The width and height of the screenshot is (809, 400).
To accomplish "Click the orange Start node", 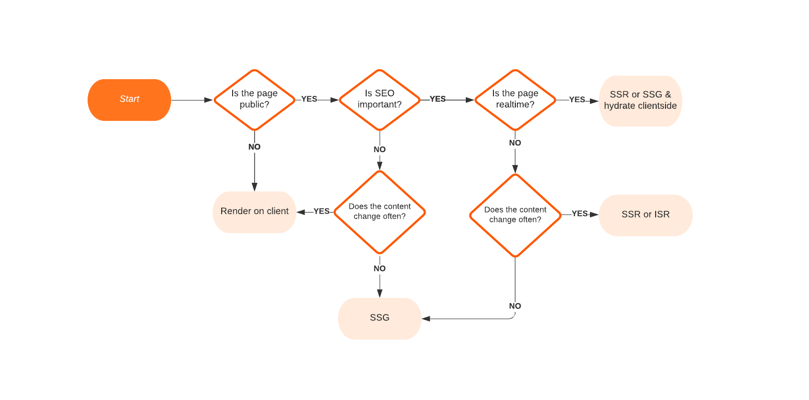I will (x=129, y=99).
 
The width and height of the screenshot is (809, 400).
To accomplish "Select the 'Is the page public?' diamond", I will (x=255, y=99).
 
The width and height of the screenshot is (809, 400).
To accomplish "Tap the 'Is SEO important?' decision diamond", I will (x=380, y=99).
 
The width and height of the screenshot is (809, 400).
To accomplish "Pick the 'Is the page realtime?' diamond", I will (x=515, y=99).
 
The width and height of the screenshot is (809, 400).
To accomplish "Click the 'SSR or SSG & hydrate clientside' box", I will (x=640, y=101).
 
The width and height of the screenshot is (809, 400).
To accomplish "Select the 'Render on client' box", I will (x=255, y=211).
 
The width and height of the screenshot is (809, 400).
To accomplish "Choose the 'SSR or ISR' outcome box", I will (x=645, y=215).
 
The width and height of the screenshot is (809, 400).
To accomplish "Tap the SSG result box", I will (x=380, y=318).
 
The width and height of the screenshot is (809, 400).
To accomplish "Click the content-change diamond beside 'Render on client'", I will (x=380, y=212).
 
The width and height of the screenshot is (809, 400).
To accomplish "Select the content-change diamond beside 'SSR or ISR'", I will (x=515, y=215).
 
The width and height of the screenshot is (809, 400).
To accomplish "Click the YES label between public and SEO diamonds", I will (x=309, y=99).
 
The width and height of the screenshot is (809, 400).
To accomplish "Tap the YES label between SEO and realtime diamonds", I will (x=438, y=99).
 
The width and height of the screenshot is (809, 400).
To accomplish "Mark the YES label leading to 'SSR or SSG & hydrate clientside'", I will (x=577, y=99).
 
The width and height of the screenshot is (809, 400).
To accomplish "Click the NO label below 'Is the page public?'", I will (x=255, y=147).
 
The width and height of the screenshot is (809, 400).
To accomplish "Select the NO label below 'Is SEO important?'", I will (x=380, y=149).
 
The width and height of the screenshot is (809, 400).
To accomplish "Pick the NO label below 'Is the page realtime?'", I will (x=515, y=143).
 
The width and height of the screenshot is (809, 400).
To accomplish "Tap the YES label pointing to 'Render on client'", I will (x=321, y=211).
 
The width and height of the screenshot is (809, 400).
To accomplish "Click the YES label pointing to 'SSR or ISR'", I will (x=579, y=214).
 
